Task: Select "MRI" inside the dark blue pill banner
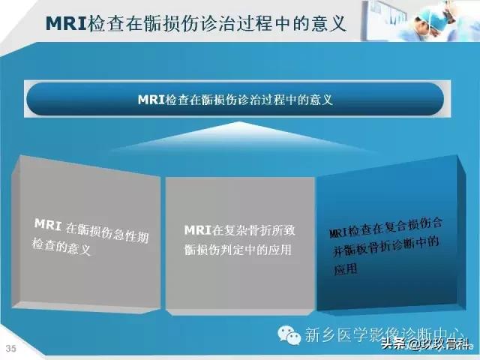point(150,99)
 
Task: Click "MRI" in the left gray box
point(49,223)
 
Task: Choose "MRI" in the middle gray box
point(197,230)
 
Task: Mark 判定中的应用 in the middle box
point(259,250)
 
